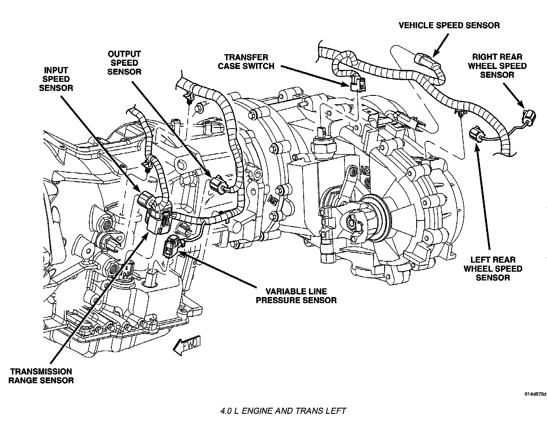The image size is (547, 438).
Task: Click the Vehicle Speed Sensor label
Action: coord(449,25)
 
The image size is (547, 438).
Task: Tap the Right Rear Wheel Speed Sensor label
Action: coord(497,66)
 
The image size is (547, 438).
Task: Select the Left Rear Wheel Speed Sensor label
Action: coord(493,269)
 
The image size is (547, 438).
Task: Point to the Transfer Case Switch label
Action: coord(246,62)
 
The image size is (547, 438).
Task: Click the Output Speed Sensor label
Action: coord(124,63)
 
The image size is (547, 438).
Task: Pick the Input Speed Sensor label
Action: coord(56,79)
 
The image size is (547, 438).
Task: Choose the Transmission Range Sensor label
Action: coord(41,376)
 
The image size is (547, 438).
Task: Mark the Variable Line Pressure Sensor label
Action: coord(296,296)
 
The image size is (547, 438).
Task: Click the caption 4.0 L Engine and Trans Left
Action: coord(283,411)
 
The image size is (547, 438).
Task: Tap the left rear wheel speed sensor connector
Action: coord(475,134)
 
